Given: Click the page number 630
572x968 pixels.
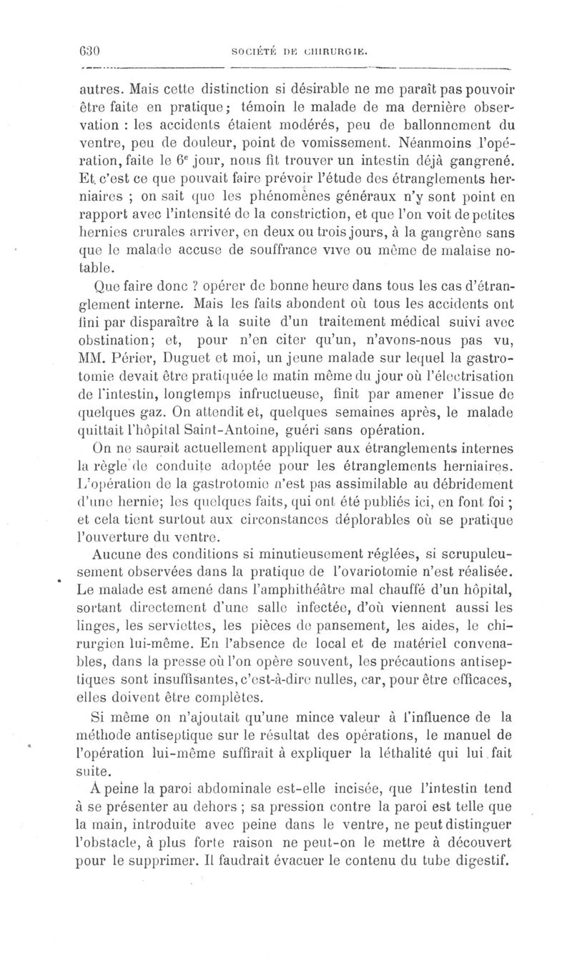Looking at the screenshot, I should (88, 51).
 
